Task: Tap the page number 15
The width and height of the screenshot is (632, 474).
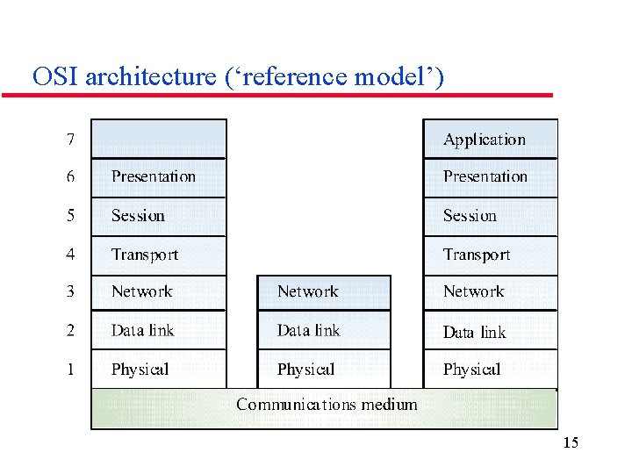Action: [571, 443]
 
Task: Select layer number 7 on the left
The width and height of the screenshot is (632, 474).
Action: [70, 139]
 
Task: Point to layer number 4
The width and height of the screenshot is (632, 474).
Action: [70, 255]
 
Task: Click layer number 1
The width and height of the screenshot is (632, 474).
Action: [70, 370]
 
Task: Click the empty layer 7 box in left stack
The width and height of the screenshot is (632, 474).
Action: [159, 139]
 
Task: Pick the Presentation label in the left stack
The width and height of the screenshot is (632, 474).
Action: [154, 176]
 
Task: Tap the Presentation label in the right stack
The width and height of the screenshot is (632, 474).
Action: [485, 176]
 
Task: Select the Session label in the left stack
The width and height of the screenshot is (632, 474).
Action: [138, 216]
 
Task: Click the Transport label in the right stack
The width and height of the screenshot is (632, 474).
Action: [477, 255]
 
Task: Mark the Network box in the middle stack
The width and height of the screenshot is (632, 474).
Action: [324, 292]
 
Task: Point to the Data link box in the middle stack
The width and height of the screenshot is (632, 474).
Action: [324, 331]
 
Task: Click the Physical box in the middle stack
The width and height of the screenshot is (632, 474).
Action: [324, 370]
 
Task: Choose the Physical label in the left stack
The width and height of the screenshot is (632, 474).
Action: [140, 370]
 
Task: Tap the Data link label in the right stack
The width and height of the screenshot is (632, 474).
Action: [475, 332]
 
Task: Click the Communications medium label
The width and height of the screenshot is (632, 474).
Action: [327, 405]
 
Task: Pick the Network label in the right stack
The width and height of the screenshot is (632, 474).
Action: [474, 291]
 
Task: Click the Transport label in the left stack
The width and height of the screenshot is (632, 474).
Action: [145, 255]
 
